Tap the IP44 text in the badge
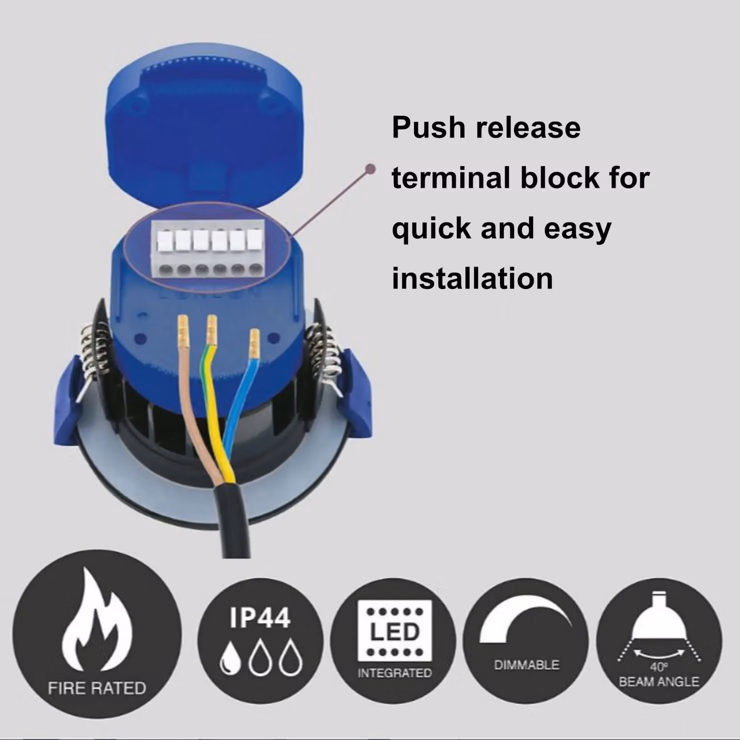coord(260,617)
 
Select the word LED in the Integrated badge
coord(394,631)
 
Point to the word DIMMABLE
coord(526,665)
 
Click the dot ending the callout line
coord(370,168)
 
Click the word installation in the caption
coord(472,278)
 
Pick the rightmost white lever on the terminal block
coord(255,239)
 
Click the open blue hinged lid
coord(205,130)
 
